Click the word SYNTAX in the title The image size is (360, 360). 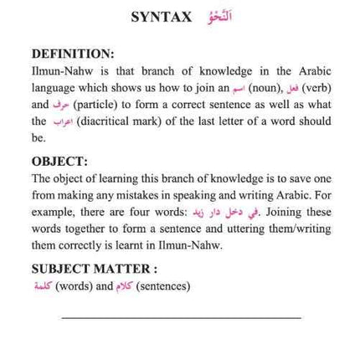(x=162, y=17)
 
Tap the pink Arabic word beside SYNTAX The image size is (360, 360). (x=219, y=16)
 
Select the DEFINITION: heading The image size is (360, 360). (x=72, y=53)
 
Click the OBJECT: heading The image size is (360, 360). (x=59, y=161)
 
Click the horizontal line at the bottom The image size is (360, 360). (x=181, y=317)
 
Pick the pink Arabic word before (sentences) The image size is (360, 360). (x=124, y=285)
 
